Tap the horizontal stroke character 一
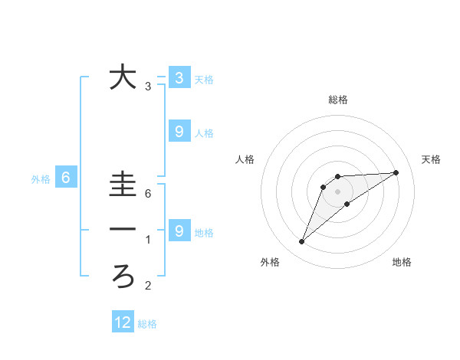(x=123, y=230)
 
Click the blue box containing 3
(x=179, y=77)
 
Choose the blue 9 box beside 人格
(x=179, y=132)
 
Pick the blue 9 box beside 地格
(x=179, y=231)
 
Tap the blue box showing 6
(x=66, y=178)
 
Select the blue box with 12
(x=123, y=322)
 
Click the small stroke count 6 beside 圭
(x=148, y=194)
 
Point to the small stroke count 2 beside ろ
(x=148, y=286)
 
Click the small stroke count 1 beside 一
(x=148, y=241)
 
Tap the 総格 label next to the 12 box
(x=147, y=324)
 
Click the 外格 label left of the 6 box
(x=41, y=179)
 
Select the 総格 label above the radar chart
(x=337, y=100)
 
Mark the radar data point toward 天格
(x=396, y=172)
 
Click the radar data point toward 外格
(x=302, y=242)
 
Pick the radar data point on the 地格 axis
(x=347, y=204)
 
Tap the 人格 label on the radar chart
(x=245, y=159)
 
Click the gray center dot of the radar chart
(x=337, y=191)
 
